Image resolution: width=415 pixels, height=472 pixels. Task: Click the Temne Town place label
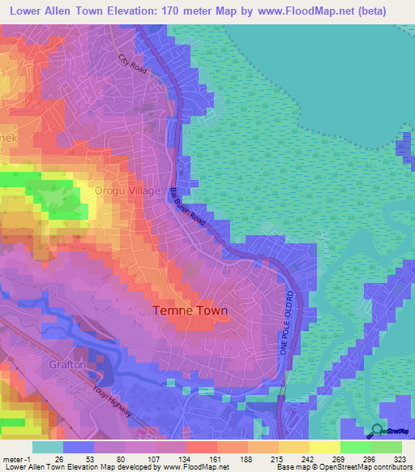click(x=190, y=311)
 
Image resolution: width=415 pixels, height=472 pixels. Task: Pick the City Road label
click(x=132, y=65)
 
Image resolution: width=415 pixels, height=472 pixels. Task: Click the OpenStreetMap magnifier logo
click(x=377, y=431)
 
